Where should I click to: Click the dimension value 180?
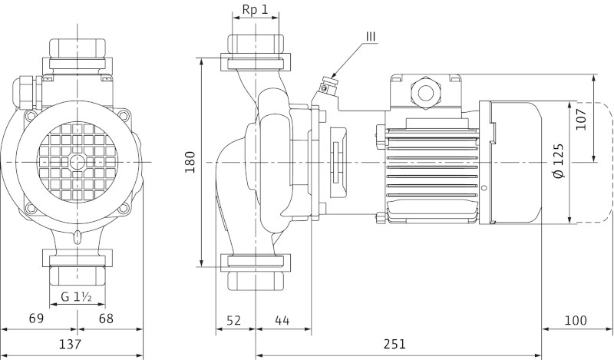(x=190, y=162)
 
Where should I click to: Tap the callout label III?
(x=371, y=35)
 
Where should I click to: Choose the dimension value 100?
(x=576, y=319)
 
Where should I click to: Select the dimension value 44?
(x=282, y=319)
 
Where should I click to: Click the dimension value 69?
(x=37, y=319)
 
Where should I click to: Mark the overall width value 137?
(x=71, y=344)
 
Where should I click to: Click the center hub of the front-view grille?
(x=78, y=163)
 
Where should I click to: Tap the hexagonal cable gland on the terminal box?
(x=424, y=92)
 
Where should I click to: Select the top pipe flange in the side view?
(x=256, y=61)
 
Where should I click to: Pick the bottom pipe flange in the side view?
(x=256, y=261)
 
